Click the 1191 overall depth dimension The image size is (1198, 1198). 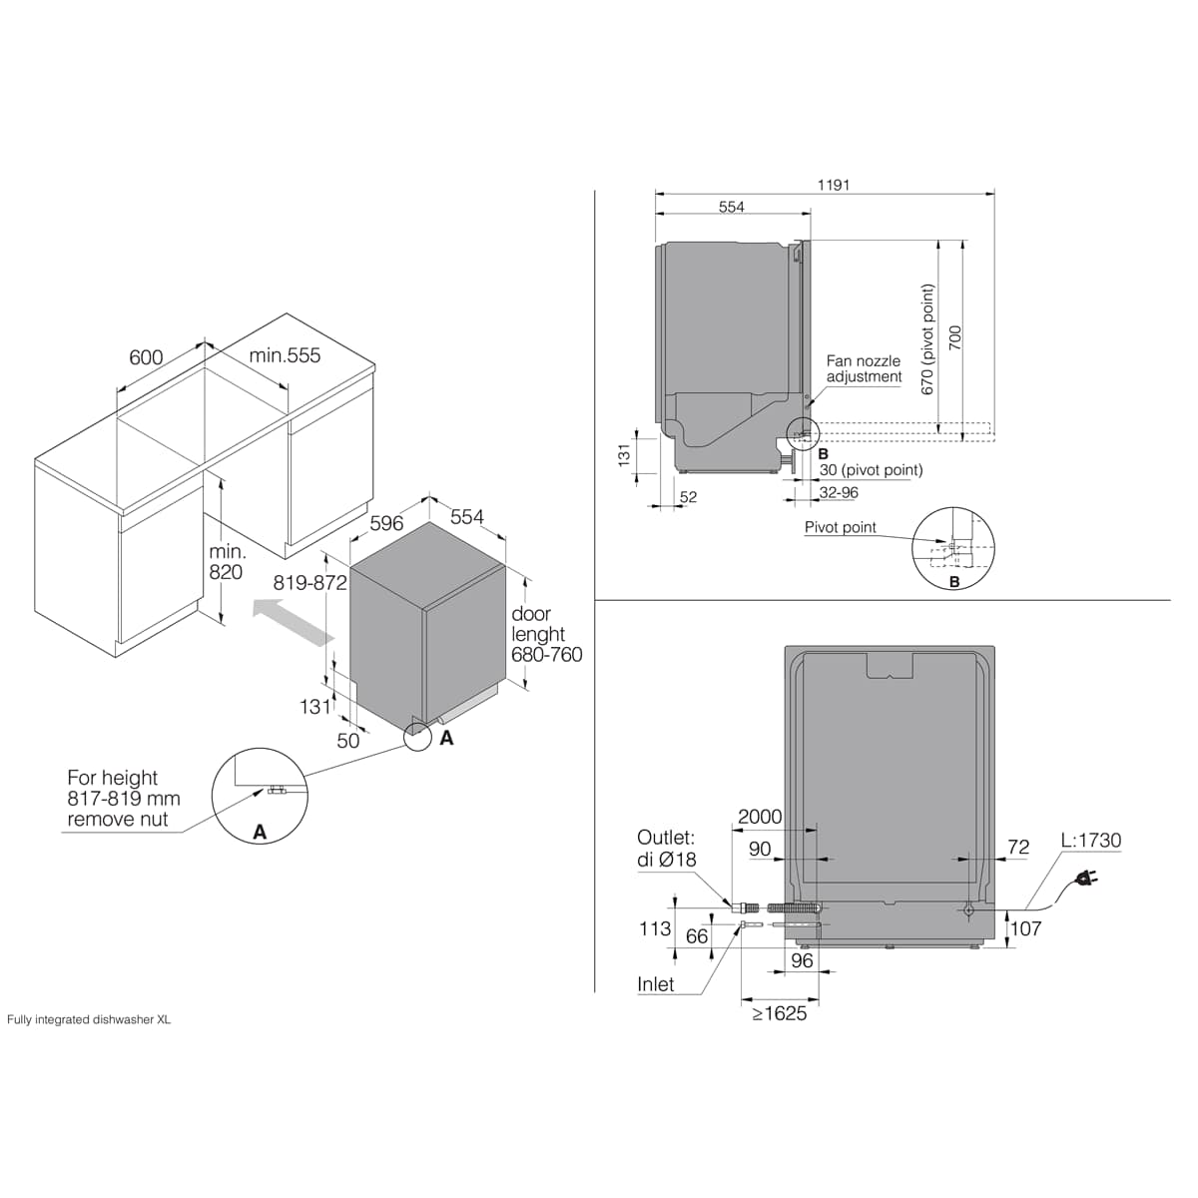click(x=833, y=185)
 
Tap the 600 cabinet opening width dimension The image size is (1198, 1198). click(x=146, y=357)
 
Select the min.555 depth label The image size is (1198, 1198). click(x=285, y=355)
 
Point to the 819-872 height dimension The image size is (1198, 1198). click(x=309, y=582)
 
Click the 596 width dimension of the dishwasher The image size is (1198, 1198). click(x=386, y=523)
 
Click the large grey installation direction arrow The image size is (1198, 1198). click(x=294, y=622)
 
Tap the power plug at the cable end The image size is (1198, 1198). click(x=1086, y=879)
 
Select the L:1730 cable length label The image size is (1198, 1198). click(x=1091, y=840)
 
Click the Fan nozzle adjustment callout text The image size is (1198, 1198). click(x=864, y=368)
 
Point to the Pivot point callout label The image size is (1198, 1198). click(x=840, y=527)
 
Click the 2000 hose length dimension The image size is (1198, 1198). click(x=760, y=817)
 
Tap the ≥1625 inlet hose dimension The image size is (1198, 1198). click(x=780, y=1013)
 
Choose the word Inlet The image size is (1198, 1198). click(x=655, y=984)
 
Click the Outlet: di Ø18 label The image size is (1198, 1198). click(x=667, y=848)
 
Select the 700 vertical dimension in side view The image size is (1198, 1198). click(x=955, y=337)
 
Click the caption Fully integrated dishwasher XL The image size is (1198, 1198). click(x=88, y=1019)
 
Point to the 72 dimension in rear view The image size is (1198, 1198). click(x=1018, y=847)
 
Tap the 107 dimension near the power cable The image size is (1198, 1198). click(x=1026, y=928)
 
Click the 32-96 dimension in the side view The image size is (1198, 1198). click(x=839, y=492)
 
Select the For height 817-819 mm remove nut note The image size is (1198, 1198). click(x=123, y=799)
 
